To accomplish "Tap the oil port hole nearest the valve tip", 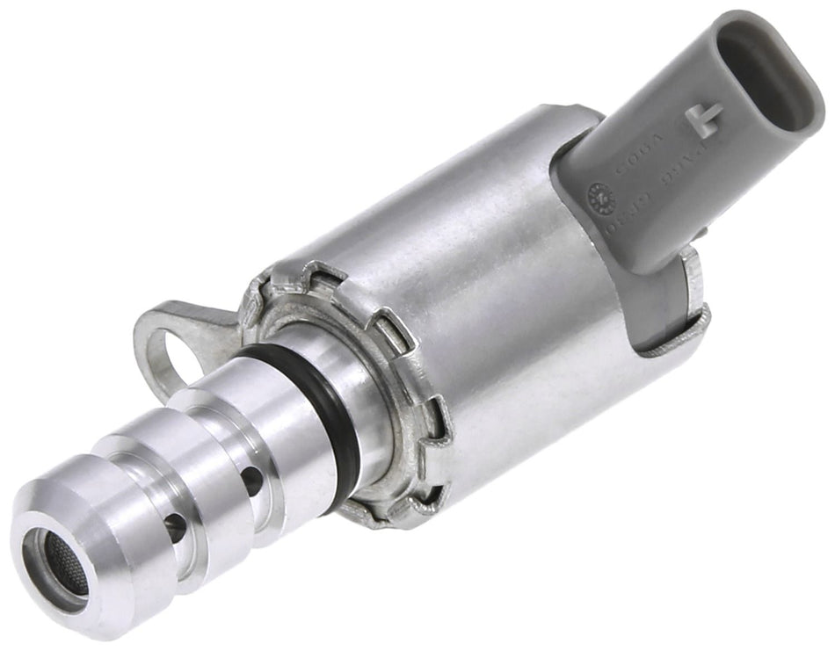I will click(x=174, y=528).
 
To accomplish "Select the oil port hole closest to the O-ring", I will click(x=251, y=479).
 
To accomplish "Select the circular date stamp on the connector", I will click(x=600, y=192).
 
